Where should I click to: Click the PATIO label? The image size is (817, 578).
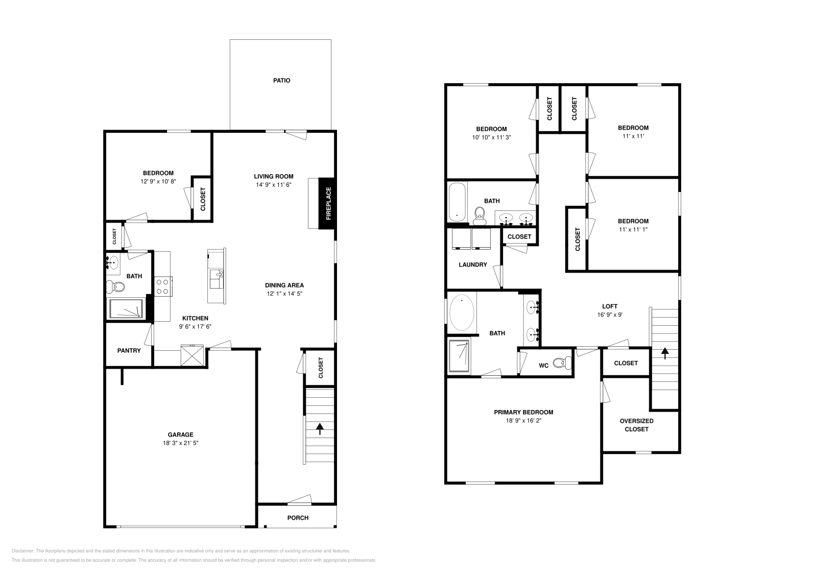(x=281, y=81)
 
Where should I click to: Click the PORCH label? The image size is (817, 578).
(x=298, y=518)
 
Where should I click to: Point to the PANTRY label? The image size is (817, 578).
(x=129, y=351)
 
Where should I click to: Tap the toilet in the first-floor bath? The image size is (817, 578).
(x=116, y=287)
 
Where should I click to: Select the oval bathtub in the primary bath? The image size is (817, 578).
(x=462, y=312)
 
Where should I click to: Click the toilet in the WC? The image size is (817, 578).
(x=562, y=363)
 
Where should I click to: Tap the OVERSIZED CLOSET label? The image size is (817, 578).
(x=636, y=425)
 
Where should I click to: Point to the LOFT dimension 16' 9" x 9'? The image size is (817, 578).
(x=610, y=315)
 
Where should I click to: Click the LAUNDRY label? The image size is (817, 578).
(x=473, y=264)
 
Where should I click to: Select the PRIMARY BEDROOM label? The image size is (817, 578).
(x=523, y=412)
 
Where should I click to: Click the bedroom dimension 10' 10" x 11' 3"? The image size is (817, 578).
(x=491, y=137)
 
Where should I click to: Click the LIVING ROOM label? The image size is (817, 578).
(x=274, y=177)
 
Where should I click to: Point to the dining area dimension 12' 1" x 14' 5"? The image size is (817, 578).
(x=284, y=294)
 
